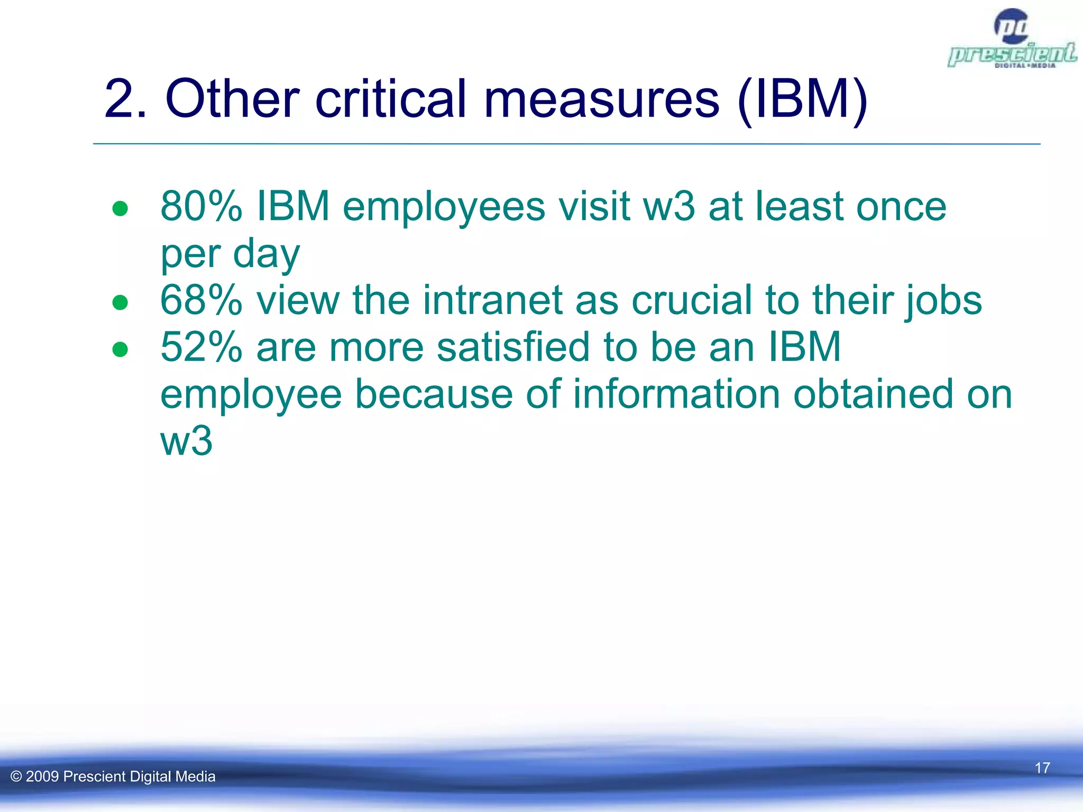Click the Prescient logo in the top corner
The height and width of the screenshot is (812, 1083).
[1011, 40]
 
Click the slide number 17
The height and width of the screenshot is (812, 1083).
[1042, 768]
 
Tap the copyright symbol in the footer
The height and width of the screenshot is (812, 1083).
[16, 777]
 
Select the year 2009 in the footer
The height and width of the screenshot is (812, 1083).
[42, 777]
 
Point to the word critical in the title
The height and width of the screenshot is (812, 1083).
[391, 99]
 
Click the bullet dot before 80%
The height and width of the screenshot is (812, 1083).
[120, 209]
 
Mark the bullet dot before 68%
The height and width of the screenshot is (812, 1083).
[120, 303]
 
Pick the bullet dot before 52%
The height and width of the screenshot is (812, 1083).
[120, 349]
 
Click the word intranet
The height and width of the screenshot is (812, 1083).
[492, 300]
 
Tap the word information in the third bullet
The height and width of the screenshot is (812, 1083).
[677, 394]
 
